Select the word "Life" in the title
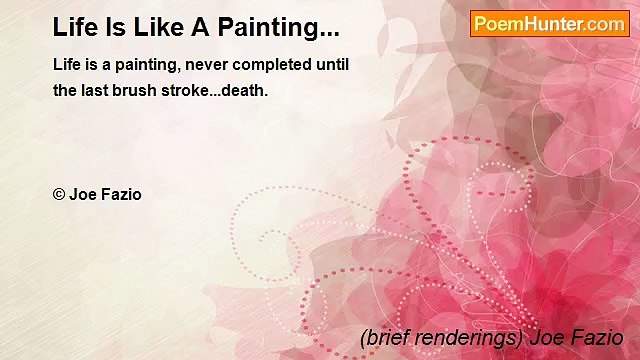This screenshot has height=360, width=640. click(74, 27)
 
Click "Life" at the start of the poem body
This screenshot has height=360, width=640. click(67, 64)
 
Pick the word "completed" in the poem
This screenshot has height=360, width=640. click(268, 64)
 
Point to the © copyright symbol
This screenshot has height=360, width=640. click(58, 194)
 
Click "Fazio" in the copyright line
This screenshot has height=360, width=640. click(120, 194)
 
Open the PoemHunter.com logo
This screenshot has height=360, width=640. click(549, 23)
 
